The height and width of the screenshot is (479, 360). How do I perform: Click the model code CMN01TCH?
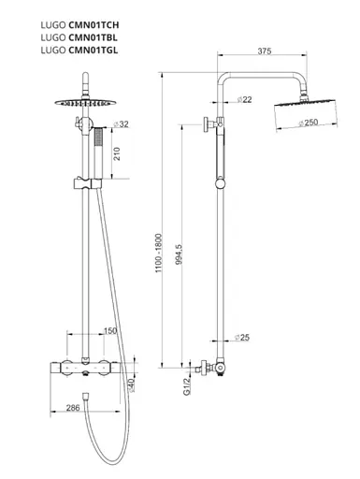pyautogui.click(x=94, y=24)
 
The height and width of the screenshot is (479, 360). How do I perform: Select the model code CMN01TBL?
pyautogui.click(x=93, y=37)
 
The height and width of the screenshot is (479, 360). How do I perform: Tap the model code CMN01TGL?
pyautogui.click(x=94, y=50)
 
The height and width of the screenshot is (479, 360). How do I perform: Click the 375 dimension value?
pyautogui.click(x=265, y=51)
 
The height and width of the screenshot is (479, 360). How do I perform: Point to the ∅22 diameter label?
pyautogui.click(x=244, y=99)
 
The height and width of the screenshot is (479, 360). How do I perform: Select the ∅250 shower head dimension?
pyautogui.click(x=309, y=123)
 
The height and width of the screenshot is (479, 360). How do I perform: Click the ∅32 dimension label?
pyautogui.click(x=121, y=123)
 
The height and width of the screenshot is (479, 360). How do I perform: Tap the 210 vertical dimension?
pyautogui.click(x=117, y=153)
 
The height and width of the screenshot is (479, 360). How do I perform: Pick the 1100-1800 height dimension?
pyautogui.click(x=159, y=254)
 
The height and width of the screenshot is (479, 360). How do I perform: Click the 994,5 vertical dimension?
pyautogui.click(x=179, y=254)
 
